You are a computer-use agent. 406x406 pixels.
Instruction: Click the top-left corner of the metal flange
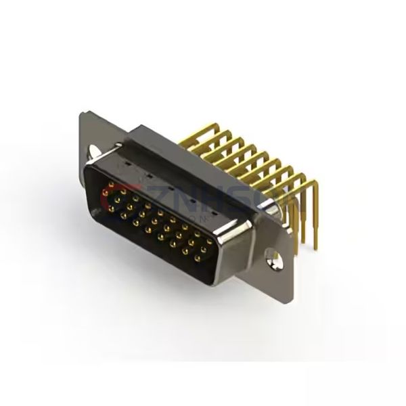click(x=81, y=116)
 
